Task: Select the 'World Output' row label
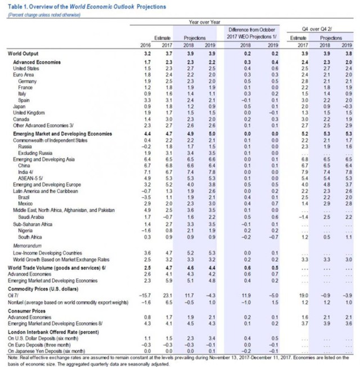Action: click(x=21, y=52)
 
